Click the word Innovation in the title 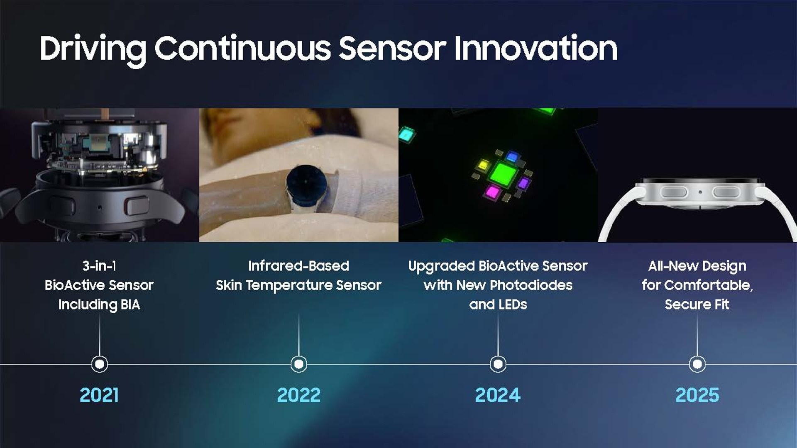535,48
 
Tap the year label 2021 99,395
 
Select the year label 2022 299,395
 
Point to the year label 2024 498,395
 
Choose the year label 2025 697,395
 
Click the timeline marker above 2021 100,364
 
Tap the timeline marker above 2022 299,364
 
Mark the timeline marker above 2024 498,364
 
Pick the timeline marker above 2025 697,364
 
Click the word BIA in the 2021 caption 130,304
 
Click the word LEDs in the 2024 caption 513,304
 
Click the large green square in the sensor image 504,174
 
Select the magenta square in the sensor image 493,192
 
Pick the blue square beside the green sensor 513,157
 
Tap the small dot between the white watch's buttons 700,192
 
